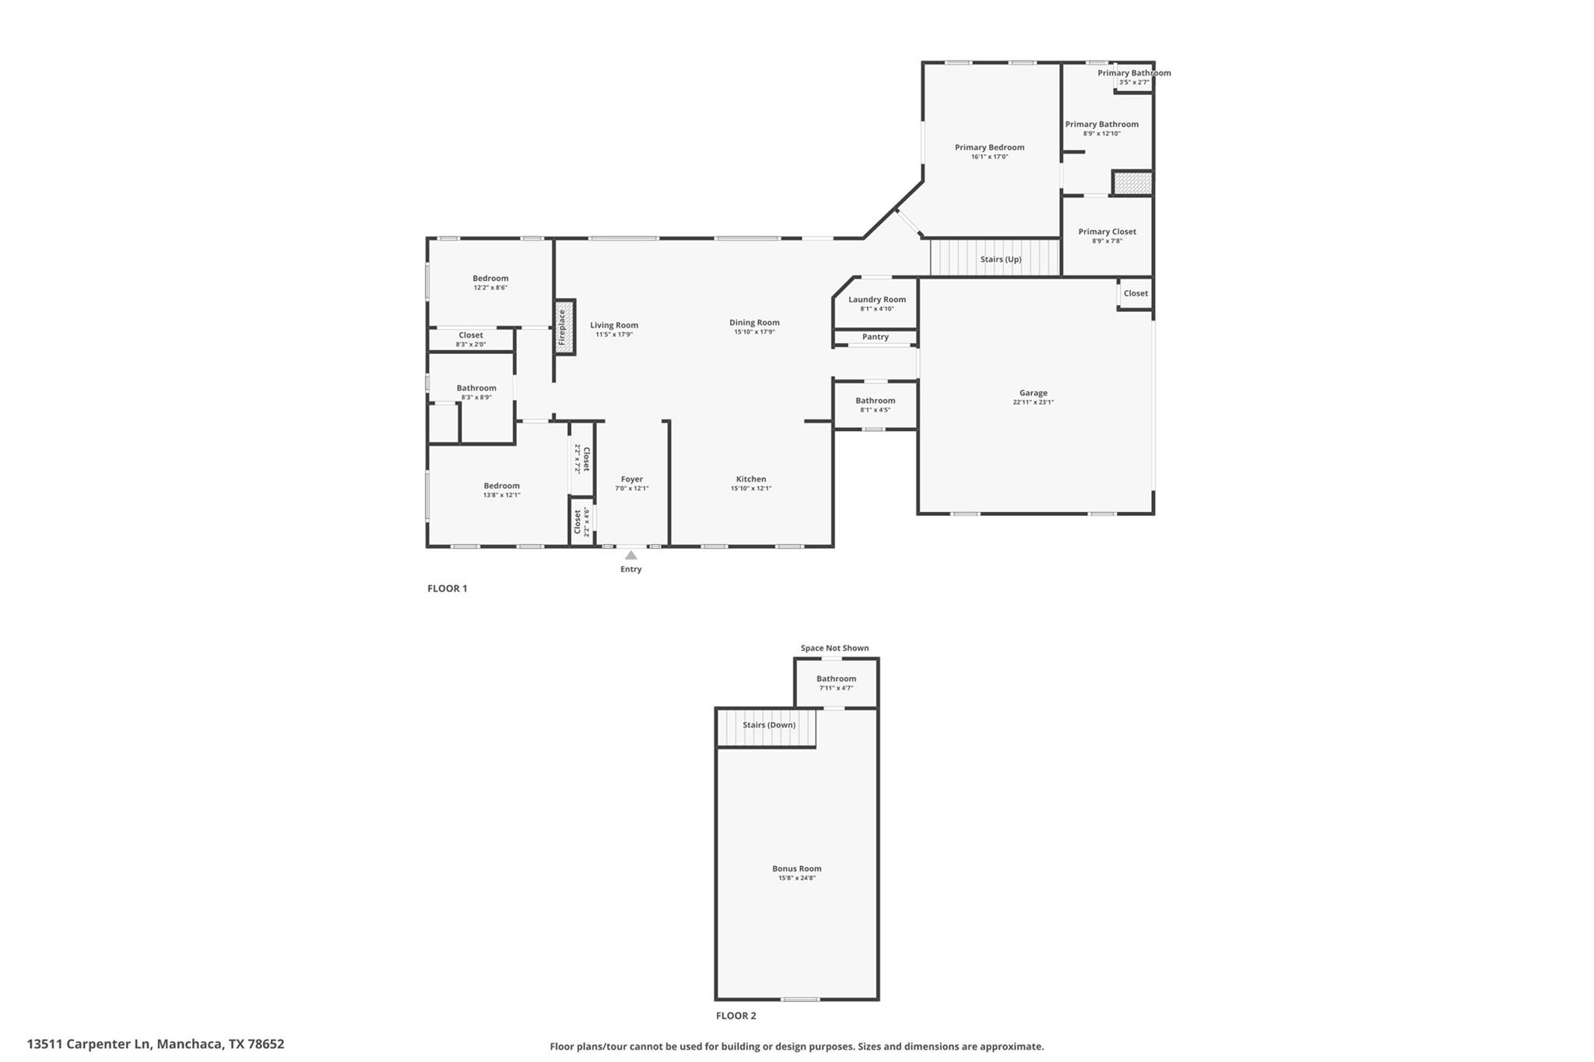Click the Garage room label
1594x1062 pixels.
[1033, 393]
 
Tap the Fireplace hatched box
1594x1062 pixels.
[564, 328]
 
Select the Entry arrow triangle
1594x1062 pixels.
[631, 556]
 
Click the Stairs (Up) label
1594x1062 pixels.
[1000, 259]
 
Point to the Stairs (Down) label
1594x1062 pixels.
[768, 724]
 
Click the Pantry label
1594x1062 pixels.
[875, 337]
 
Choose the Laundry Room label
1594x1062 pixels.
[876, 300]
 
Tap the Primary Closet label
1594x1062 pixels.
[1107, 232]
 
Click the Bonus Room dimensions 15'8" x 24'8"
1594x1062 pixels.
[796, 878]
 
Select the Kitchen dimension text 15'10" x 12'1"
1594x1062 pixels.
[750, 489]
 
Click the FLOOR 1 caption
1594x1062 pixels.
[447, 588]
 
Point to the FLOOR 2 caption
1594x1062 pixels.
[736, 1015]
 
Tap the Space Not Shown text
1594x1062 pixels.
[834, 648]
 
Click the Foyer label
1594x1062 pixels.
[631, 479]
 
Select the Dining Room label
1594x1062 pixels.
[753, 322]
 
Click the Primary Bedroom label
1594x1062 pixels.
[989, 147]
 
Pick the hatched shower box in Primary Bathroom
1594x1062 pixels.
[1132, 184]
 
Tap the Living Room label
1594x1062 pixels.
[613, 325]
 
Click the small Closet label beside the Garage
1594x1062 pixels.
[1135, 293]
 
